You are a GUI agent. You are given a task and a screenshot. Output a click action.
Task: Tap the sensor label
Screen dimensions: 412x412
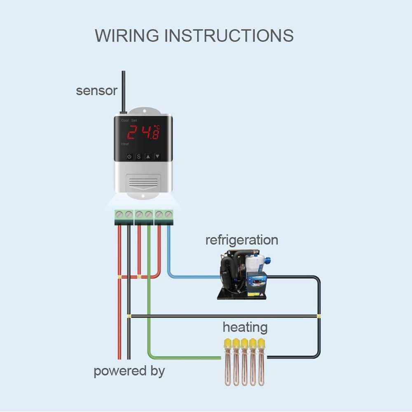(x=96, y=91)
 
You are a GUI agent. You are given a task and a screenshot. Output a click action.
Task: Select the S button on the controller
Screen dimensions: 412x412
(x=139, y=157)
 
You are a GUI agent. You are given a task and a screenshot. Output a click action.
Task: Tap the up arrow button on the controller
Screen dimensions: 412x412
(x=148, y=157)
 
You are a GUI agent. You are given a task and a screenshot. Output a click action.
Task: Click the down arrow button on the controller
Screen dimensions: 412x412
(x=157, y=157)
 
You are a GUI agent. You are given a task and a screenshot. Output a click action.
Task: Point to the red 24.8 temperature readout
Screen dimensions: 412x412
(x=143, y=132)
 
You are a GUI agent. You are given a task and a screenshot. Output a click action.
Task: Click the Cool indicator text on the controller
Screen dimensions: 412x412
(x=125, y=120)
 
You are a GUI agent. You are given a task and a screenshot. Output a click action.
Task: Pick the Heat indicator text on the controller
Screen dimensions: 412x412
(x=124, y=144)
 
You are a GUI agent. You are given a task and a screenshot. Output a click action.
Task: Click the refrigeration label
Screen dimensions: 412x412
(x=241, y=240)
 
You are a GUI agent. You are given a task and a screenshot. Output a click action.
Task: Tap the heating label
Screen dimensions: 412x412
(x=245, y=328)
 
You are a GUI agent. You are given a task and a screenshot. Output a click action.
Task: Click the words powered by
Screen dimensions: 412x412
(x=129, y=371)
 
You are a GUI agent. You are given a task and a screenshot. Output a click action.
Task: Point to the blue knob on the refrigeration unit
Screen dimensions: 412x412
(x=267, y=260)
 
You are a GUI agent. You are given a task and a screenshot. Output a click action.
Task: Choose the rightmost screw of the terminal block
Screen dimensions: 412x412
(x=168, y=214)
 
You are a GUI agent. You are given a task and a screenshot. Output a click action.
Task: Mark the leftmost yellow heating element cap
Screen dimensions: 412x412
(x=227, y=343)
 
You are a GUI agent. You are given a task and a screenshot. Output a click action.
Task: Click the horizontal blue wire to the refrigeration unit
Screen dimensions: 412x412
(x=194, y=276)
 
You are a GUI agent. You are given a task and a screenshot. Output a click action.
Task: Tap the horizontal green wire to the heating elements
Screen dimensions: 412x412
(x=185, y=357)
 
